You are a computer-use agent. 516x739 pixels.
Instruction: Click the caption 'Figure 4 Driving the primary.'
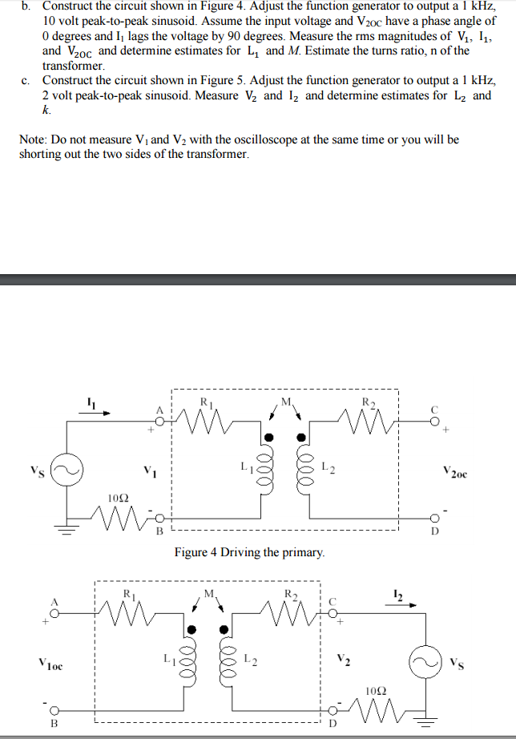tap(250, 552)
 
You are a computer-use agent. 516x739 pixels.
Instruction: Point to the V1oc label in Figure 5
tap(50, 664)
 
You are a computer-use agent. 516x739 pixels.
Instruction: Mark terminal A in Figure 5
tap(55, 607)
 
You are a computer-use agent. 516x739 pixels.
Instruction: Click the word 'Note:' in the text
tap(34, 139)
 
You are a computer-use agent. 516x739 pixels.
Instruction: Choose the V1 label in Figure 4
tap(150, 469)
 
